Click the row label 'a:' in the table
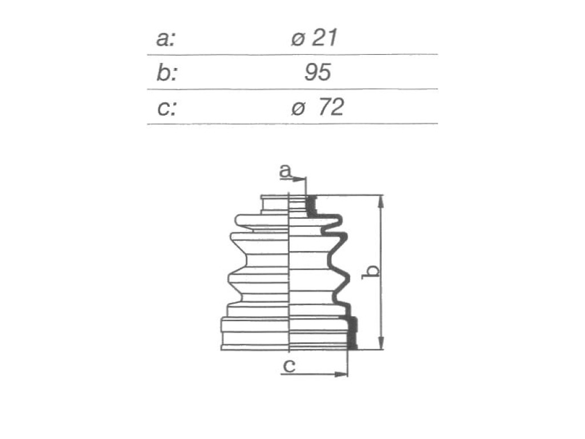click(x=165, y=38)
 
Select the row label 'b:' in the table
click(x=166, y=73)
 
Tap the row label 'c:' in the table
click(x=166, y=108)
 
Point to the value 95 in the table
click(x=318, y=73)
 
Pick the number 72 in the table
click(x=331, y=107)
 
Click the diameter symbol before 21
click(x=298, y=39)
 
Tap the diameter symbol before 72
click(x=298, y=109)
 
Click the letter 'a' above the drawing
click(x=285, y=171)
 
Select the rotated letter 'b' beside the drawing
click(x=371, y=272)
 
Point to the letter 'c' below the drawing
click(x=289, y=366)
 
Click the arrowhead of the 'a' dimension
click(x=299, y=179)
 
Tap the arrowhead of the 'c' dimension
click(x=341, y=374)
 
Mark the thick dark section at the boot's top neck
click(x=311, y=206)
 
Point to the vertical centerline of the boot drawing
click(x=290, y=272)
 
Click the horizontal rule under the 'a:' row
click(x=292, y=55)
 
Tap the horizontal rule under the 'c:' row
click(x=292, y=123)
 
